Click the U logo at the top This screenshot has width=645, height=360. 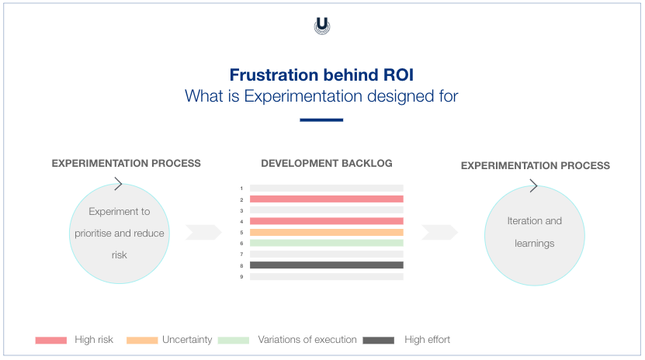click(321, 26)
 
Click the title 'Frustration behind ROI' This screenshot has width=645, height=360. click(321, 75)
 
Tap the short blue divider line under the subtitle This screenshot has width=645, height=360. click(321, 120)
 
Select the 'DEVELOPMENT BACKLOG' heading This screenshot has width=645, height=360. click(326, 164)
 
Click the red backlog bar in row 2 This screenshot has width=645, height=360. click(326, 199)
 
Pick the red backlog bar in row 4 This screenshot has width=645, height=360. click(326, 221)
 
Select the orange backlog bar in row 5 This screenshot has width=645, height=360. click(326, 232)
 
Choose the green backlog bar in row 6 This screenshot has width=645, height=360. click(326, 243)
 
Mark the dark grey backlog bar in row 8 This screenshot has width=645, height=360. click(326, 265)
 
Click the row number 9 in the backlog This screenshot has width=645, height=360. click(241, 276)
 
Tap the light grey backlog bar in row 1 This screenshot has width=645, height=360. click(326, 188)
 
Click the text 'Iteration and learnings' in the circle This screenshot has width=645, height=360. click(534, 232)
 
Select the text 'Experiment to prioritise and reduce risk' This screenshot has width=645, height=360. click(119, 233)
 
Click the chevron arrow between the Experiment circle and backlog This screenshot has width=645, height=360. click(204, 233)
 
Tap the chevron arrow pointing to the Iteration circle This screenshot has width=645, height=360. click(439, 233)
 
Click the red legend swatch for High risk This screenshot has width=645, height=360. click(51, 340)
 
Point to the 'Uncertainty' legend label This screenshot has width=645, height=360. click(186, 340)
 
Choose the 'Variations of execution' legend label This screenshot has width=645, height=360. click(307, 340)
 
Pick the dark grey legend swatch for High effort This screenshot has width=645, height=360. click(378, 340)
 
